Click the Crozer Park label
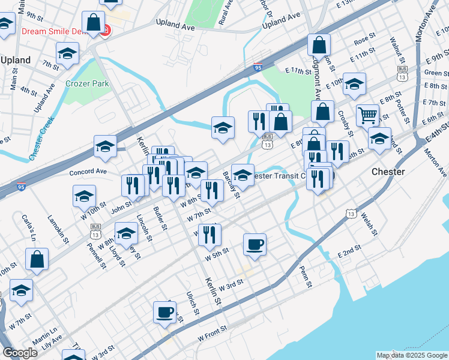(88, 83)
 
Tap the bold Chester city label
(388, 171)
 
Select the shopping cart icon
(367, 114)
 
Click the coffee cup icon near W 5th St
(255, 244)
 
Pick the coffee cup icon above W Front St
(164, 311)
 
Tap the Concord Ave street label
(88, 172)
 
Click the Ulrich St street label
(192, 302)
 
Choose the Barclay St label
(231, 185)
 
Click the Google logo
(20, 353)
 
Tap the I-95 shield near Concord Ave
(22, 187)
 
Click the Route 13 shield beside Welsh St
(351, 213)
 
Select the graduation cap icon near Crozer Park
(67, 53)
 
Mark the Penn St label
(306, 276)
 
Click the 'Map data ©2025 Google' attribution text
(412, 355)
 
